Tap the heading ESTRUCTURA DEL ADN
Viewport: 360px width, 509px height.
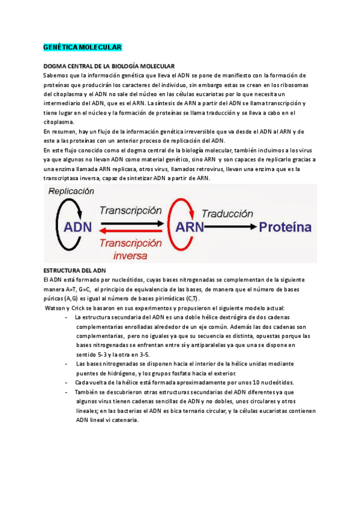tap(75, 271)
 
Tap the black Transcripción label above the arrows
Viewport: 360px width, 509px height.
tap(131, 211)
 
